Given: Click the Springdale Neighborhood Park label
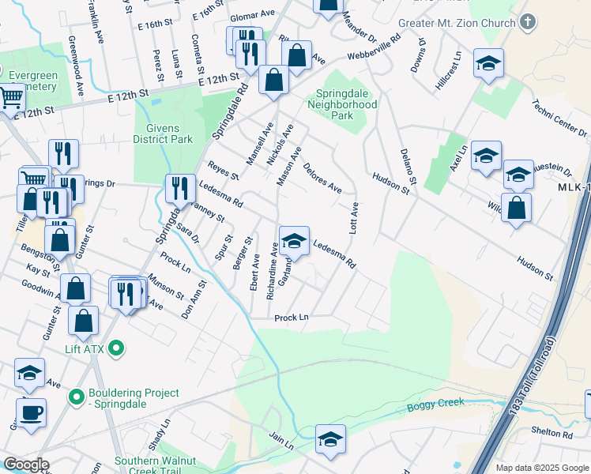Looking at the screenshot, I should (x=341, y=104).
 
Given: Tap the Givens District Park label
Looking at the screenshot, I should (x=163, y=134).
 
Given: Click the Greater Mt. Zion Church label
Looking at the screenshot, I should (x=457, y=23).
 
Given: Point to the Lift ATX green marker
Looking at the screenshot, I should (x=117, y=348).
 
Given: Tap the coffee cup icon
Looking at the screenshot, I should (x=31, y=412).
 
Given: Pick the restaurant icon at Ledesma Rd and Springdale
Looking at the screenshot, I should (x=180, y=189).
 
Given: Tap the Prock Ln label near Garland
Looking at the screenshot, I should (x=291, y=318).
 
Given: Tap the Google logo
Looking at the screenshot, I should (x=26, y=465).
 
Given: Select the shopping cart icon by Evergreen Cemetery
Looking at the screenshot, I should (x=10, y=98).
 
